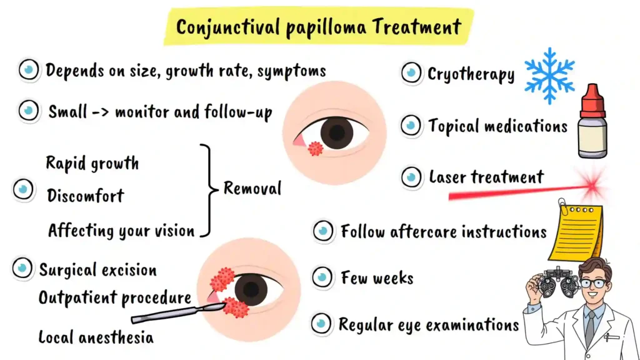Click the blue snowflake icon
[x=549, y=76]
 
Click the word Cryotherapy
[x=471, y=74]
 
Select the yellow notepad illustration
[x=576, y=232]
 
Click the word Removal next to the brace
[x=252, y=188]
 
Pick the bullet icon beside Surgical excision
[x=22, y=269]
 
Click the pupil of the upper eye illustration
[x=337, y=132]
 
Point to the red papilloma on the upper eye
[x=316, y=149]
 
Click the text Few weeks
[x=377, y=277]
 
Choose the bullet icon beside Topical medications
[x=411, y=126]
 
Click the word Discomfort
[x=86, y=196]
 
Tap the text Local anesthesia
[x=96, y=338]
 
